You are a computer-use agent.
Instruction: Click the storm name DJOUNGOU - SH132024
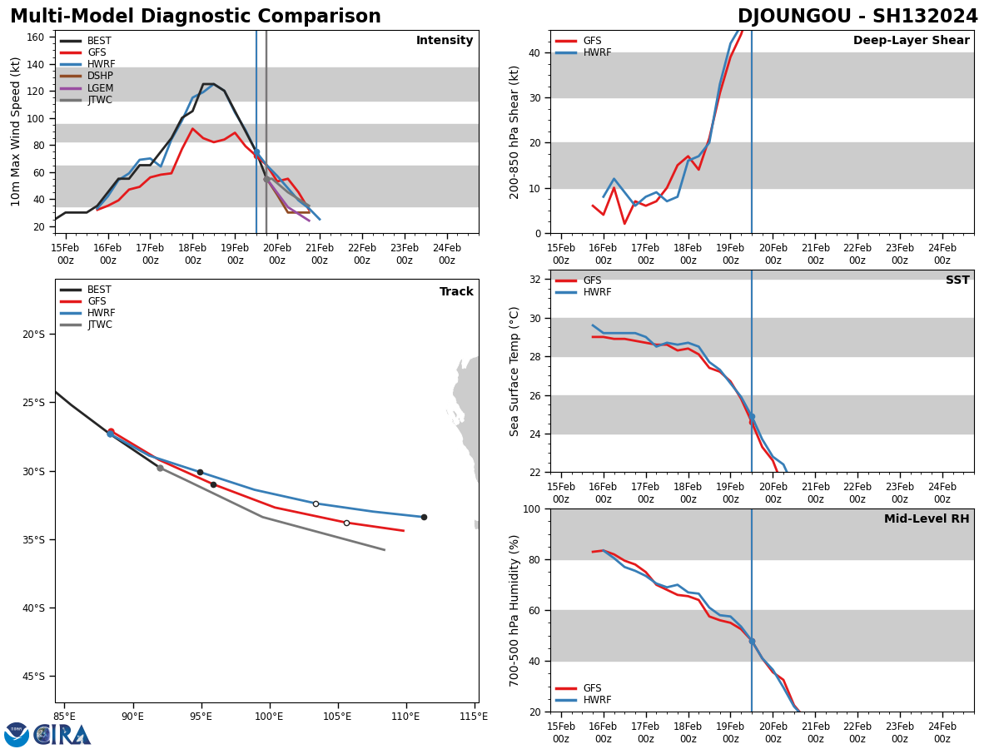click(857, 17)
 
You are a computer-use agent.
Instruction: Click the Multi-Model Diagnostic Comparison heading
click(196, 17)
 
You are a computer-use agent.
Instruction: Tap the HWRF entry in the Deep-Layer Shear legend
click(596, 52)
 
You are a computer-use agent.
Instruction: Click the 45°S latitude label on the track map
click(33, 676)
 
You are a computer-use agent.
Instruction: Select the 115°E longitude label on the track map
click(474, 716)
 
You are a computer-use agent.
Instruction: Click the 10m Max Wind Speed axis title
click(16, 131)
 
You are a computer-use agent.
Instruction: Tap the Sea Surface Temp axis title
click(514, 371)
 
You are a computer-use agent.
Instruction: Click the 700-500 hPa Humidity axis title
click(514, 610)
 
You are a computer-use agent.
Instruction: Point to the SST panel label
click(957, 280)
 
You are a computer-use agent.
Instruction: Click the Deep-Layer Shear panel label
click(911, 41)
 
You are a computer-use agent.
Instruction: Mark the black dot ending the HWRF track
click(424, 517)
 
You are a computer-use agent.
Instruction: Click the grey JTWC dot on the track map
click(160, 468)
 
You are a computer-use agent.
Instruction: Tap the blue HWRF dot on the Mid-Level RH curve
click(752, 641)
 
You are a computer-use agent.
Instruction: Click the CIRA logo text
click(62, 734)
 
